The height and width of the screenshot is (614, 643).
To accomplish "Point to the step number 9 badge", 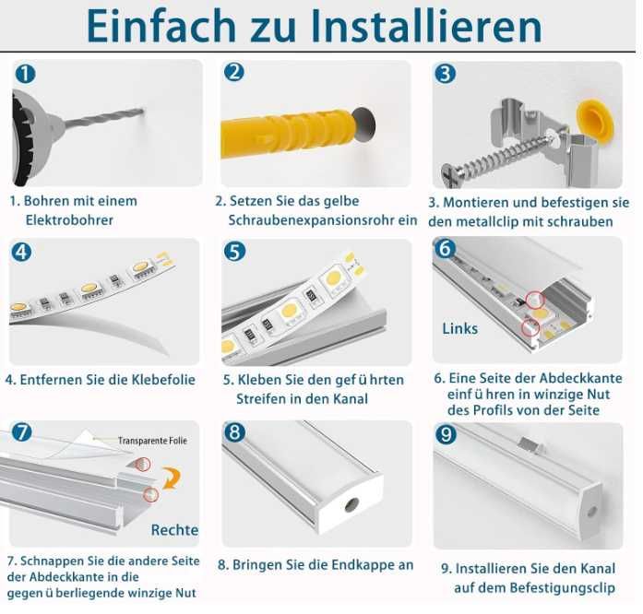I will tap(447, 434).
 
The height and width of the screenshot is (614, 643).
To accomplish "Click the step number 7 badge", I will tap(24, 432).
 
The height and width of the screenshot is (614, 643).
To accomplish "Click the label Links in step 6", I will tap(460, 328).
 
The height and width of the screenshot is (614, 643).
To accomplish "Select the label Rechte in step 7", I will tap(174, 530).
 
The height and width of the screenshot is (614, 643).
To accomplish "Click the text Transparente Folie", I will tap(152, 442).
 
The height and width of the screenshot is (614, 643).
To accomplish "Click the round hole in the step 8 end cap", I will tap(351, 505).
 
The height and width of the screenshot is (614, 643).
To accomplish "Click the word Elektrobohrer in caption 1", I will tap(70, 220).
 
